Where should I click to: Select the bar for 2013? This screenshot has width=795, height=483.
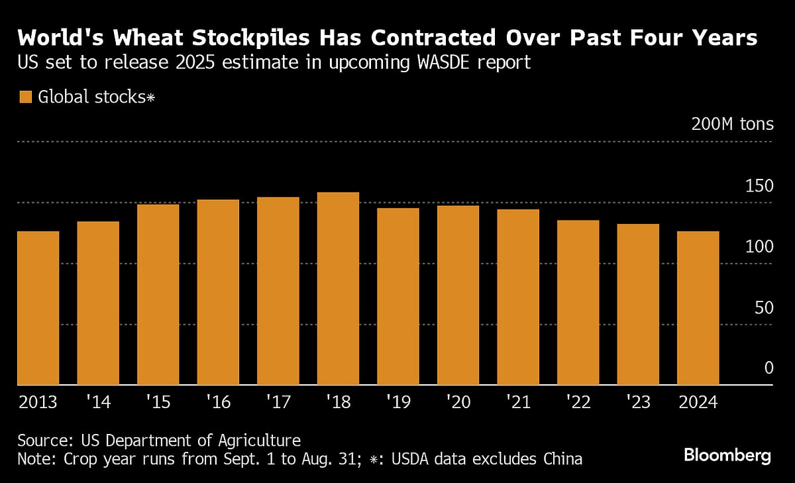[38, 308]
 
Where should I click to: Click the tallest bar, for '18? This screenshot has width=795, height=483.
[338, 288]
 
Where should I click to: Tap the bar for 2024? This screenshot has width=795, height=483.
[698, 308]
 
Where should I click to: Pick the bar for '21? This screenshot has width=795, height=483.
[518, 297]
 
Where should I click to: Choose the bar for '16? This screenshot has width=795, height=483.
[218, 292]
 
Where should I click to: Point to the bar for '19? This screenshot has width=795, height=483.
[398, 296]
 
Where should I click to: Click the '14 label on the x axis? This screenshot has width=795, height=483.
[98, 403]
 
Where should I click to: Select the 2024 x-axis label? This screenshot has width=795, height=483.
[698, 403]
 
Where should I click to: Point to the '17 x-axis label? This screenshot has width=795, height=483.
[278, 403]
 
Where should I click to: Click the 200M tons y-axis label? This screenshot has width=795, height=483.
[732, 124]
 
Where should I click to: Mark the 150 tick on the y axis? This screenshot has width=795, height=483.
[759, 186]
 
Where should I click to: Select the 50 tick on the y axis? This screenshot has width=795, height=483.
[764, 307]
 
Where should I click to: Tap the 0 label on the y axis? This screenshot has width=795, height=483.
[768, 368]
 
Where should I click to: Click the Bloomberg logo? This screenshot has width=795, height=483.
[727, 456]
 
